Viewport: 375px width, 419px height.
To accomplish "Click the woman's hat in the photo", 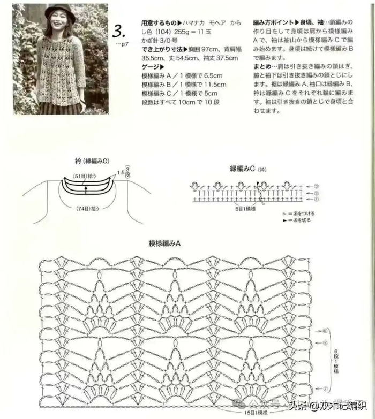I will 59,12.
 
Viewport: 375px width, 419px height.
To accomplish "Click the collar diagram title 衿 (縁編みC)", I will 92,161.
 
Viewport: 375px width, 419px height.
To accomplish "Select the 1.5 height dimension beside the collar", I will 122,173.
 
